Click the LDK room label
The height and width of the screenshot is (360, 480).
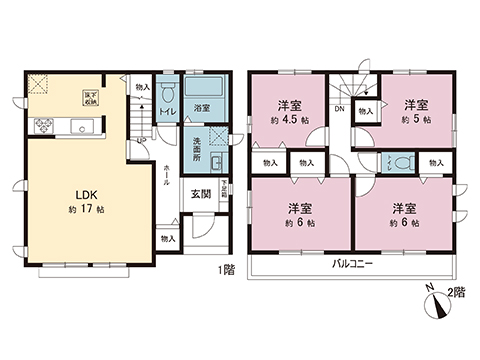click(79, 195)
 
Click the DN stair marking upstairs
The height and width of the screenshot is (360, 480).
click(339, 108)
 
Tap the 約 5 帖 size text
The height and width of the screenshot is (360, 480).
click(417, 120)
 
